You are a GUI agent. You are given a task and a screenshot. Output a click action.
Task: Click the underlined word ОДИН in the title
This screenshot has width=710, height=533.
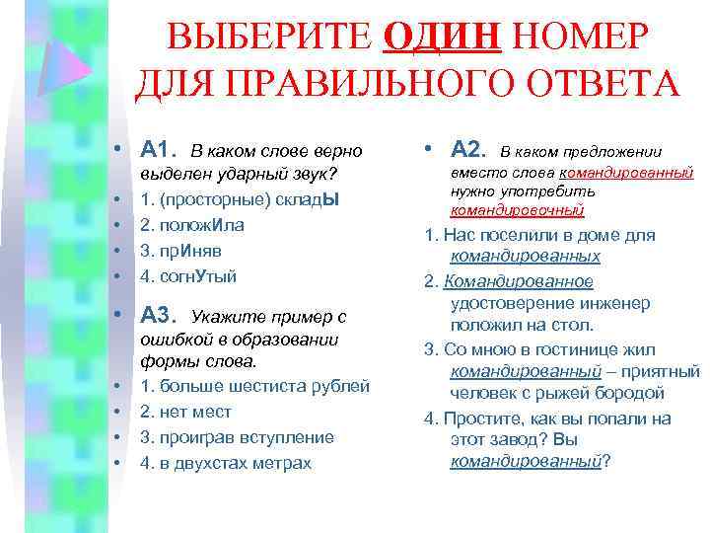coord(442,38)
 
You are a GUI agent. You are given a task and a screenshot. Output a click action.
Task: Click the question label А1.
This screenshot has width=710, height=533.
coord(158,150)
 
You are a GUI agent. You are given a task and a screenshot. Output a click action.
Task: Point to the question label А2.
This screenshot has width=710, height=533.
coord(469,150)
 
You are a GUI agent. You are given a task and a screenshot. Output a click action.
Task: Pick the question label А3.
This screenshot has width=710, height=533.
coord(158,316)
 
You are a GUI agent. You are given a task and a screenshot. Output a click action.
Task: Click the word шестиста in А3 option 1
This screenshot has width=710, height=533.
coord(286,386)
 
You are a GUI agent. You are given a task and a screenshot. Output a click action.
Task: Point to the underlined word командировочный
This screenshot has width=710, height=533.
coord(517,211)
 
